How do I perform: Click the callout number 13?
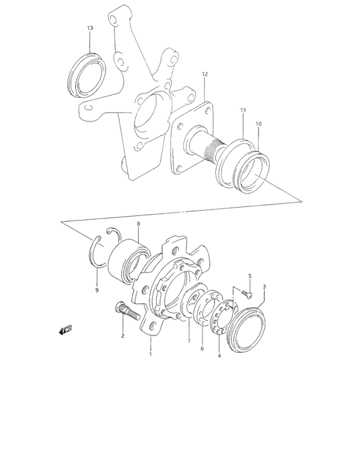click(x=90, y=28)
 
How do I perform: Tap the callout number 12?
click(x=204, y=75)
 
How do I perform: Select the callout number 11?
click(x=243, y=111)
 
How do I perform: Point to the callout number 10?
click(x=258, y=123)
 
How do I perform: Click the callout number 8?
click(x=138, y=223)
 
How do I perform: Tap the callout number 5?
click(x=250, y=276)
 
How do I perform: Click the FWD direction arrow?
click(x=65, y=330)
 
